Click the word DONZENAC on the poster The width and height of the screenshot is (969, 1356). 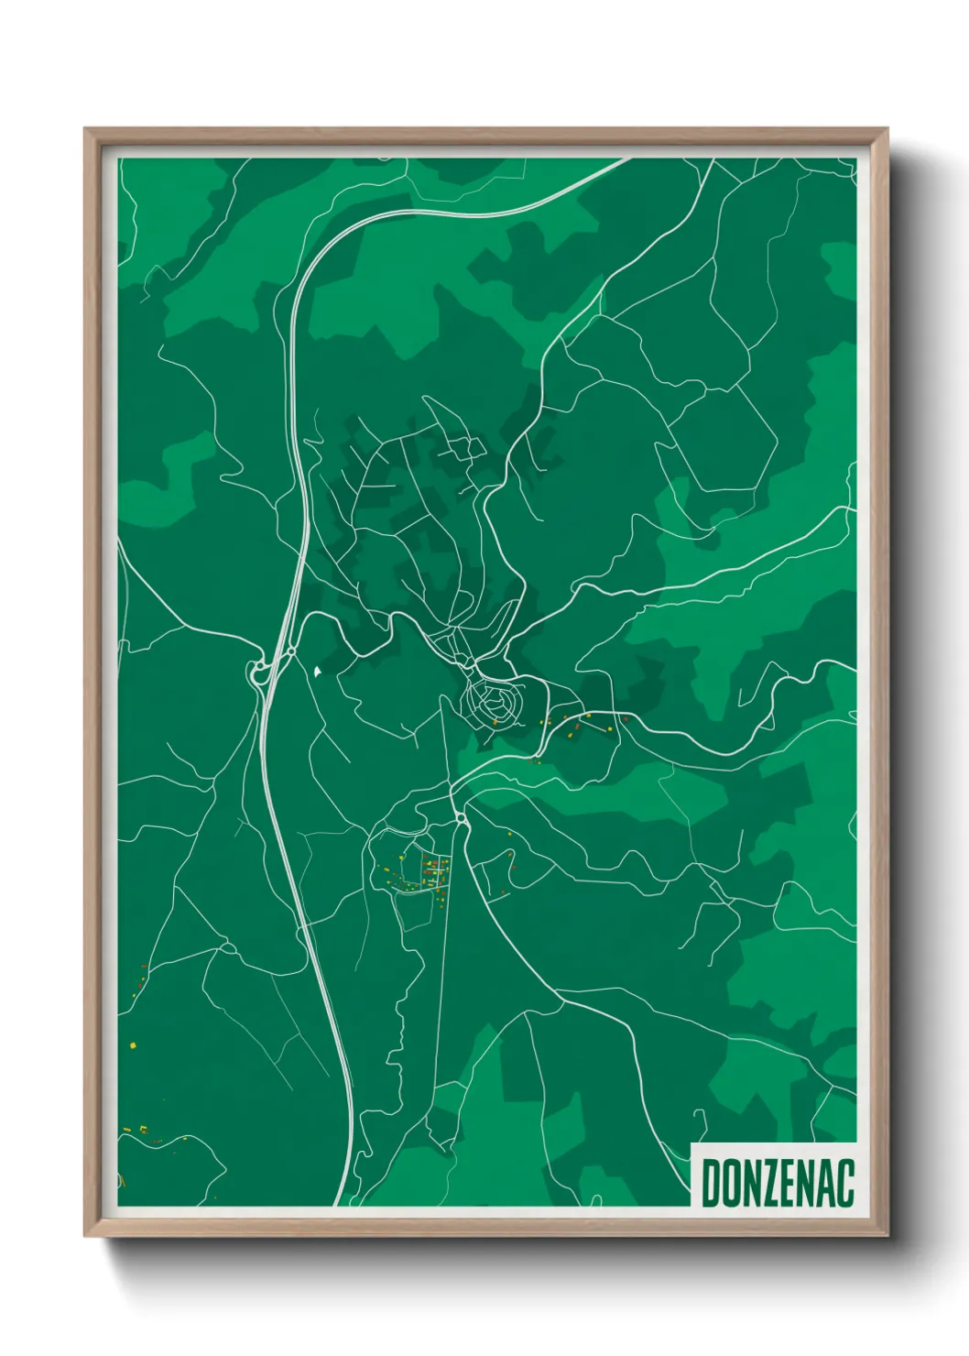point(778,1182)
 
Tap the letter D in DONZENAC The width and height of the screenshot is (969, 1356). point(711,1182)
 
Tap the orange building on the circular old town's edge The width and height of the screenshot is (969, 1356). point(495,723)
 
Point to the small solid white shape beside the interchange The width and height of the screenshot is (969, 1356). point(317,672)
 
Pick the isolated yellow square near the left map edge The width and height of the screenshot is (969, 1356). point(133,1044)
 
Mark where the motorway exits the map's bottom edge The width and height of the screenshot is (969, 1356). point(345,1204)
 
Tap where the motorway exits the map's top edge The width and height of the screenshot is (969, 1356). point(627,159)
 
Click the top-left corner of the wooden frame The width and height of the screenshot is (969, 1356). point(86,130)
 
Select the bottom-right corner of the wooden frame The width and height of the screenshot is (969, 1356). point(887,1235)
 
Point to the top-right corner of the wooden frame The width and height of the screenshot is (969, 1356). point(887,130)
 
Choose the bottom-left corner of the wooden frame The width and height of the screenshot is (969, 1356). point(86,1235)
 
